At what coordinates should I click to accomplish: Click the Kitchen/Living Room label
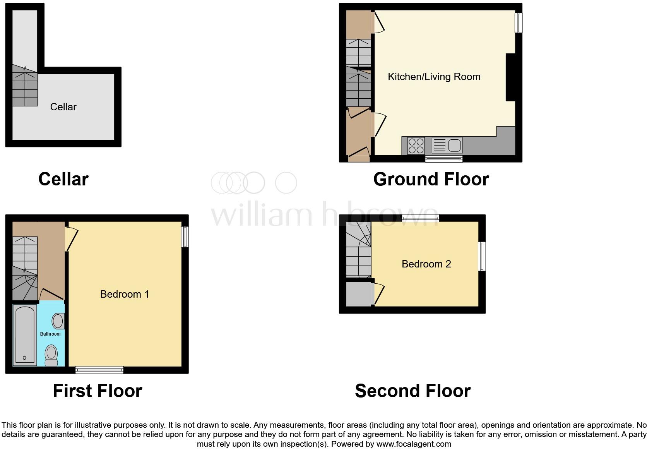point(434,77)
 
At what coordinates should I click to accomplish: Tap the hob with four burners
point(416,146)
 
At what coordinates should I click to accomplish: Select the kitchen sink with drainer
point(447,146)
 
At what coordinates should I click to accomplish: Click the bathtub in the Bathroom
point(25,335)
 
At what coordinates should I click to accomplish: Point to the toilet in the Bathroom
point(51,355)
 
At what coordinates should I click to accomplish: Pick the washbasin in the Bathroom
point(58,321)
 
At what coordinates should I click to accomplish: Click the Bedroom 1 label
point(124,294)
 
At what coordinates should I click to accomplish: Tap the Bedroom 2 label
point(426,264)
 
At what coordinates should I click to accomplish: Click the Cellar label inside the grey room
point(63,107)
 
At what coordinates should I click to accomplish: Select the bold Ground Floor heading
point(431,179)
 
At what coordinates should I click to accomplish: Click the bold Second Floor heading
point(413,391)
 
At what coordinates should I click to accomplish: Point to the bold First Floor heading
point(97,391)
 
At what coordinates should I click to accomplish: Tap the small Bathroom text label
point(50,334)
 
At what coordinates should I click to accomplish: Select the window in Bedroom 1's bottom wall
point(99,370)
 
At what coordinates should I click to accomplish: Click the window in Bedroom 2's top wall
point(420,218)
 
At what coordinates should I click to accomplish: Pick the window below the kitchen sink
point(444,158)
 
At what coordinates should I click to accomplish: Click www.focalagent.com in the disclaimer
point(414,444)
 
